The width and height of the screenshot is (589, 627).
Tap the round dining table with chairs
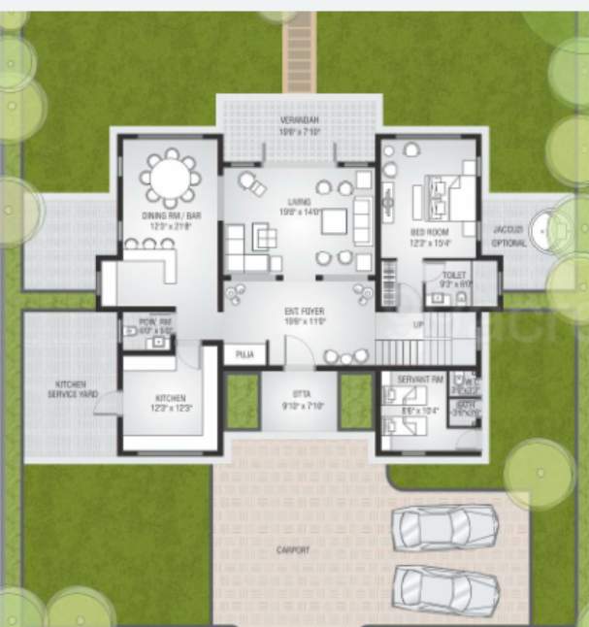click(x=169, y=178)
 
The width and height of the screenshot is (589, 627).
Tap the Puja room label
click(x=245, y=354)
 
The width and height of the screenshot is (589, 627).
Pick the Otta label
click(x=300, y=398)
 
